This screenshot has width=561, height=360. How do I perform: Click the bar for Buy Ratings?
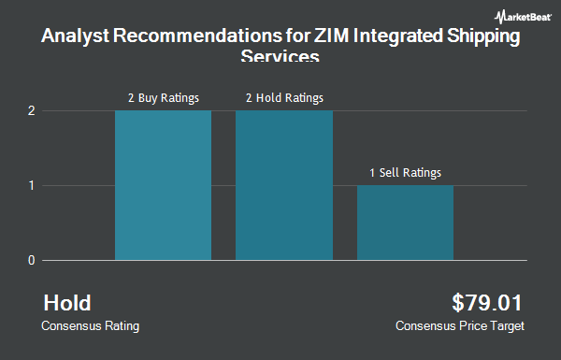163,185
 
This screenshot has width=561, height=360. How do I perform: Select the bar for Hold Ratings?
283,185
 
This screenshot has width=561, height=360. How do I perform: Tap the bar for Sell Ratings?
405,223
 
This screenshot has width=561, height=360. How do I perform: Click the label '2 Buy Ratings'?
164,97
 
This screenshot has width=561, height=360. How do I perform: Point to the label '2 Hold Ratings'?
284,97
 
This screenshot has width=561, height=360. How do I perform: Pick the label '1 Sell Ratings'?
405,172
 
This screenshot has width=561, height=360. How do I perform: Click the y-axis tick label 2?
31,110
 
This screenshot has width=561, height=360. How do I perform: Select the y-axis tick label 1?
31,185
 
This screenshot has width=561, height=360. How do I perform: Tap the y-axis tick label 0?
31,260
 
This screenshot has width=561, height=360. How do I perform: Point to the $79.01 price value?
487,303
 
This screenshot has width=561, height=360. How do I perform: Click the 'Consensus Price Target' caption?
460,326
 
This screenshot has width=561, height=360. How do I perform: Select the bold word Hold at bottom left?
67,303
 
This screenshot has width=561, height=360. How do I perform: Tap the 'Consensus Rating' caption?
91,326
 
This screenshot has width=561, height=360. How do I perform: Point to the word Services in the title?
280,58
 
